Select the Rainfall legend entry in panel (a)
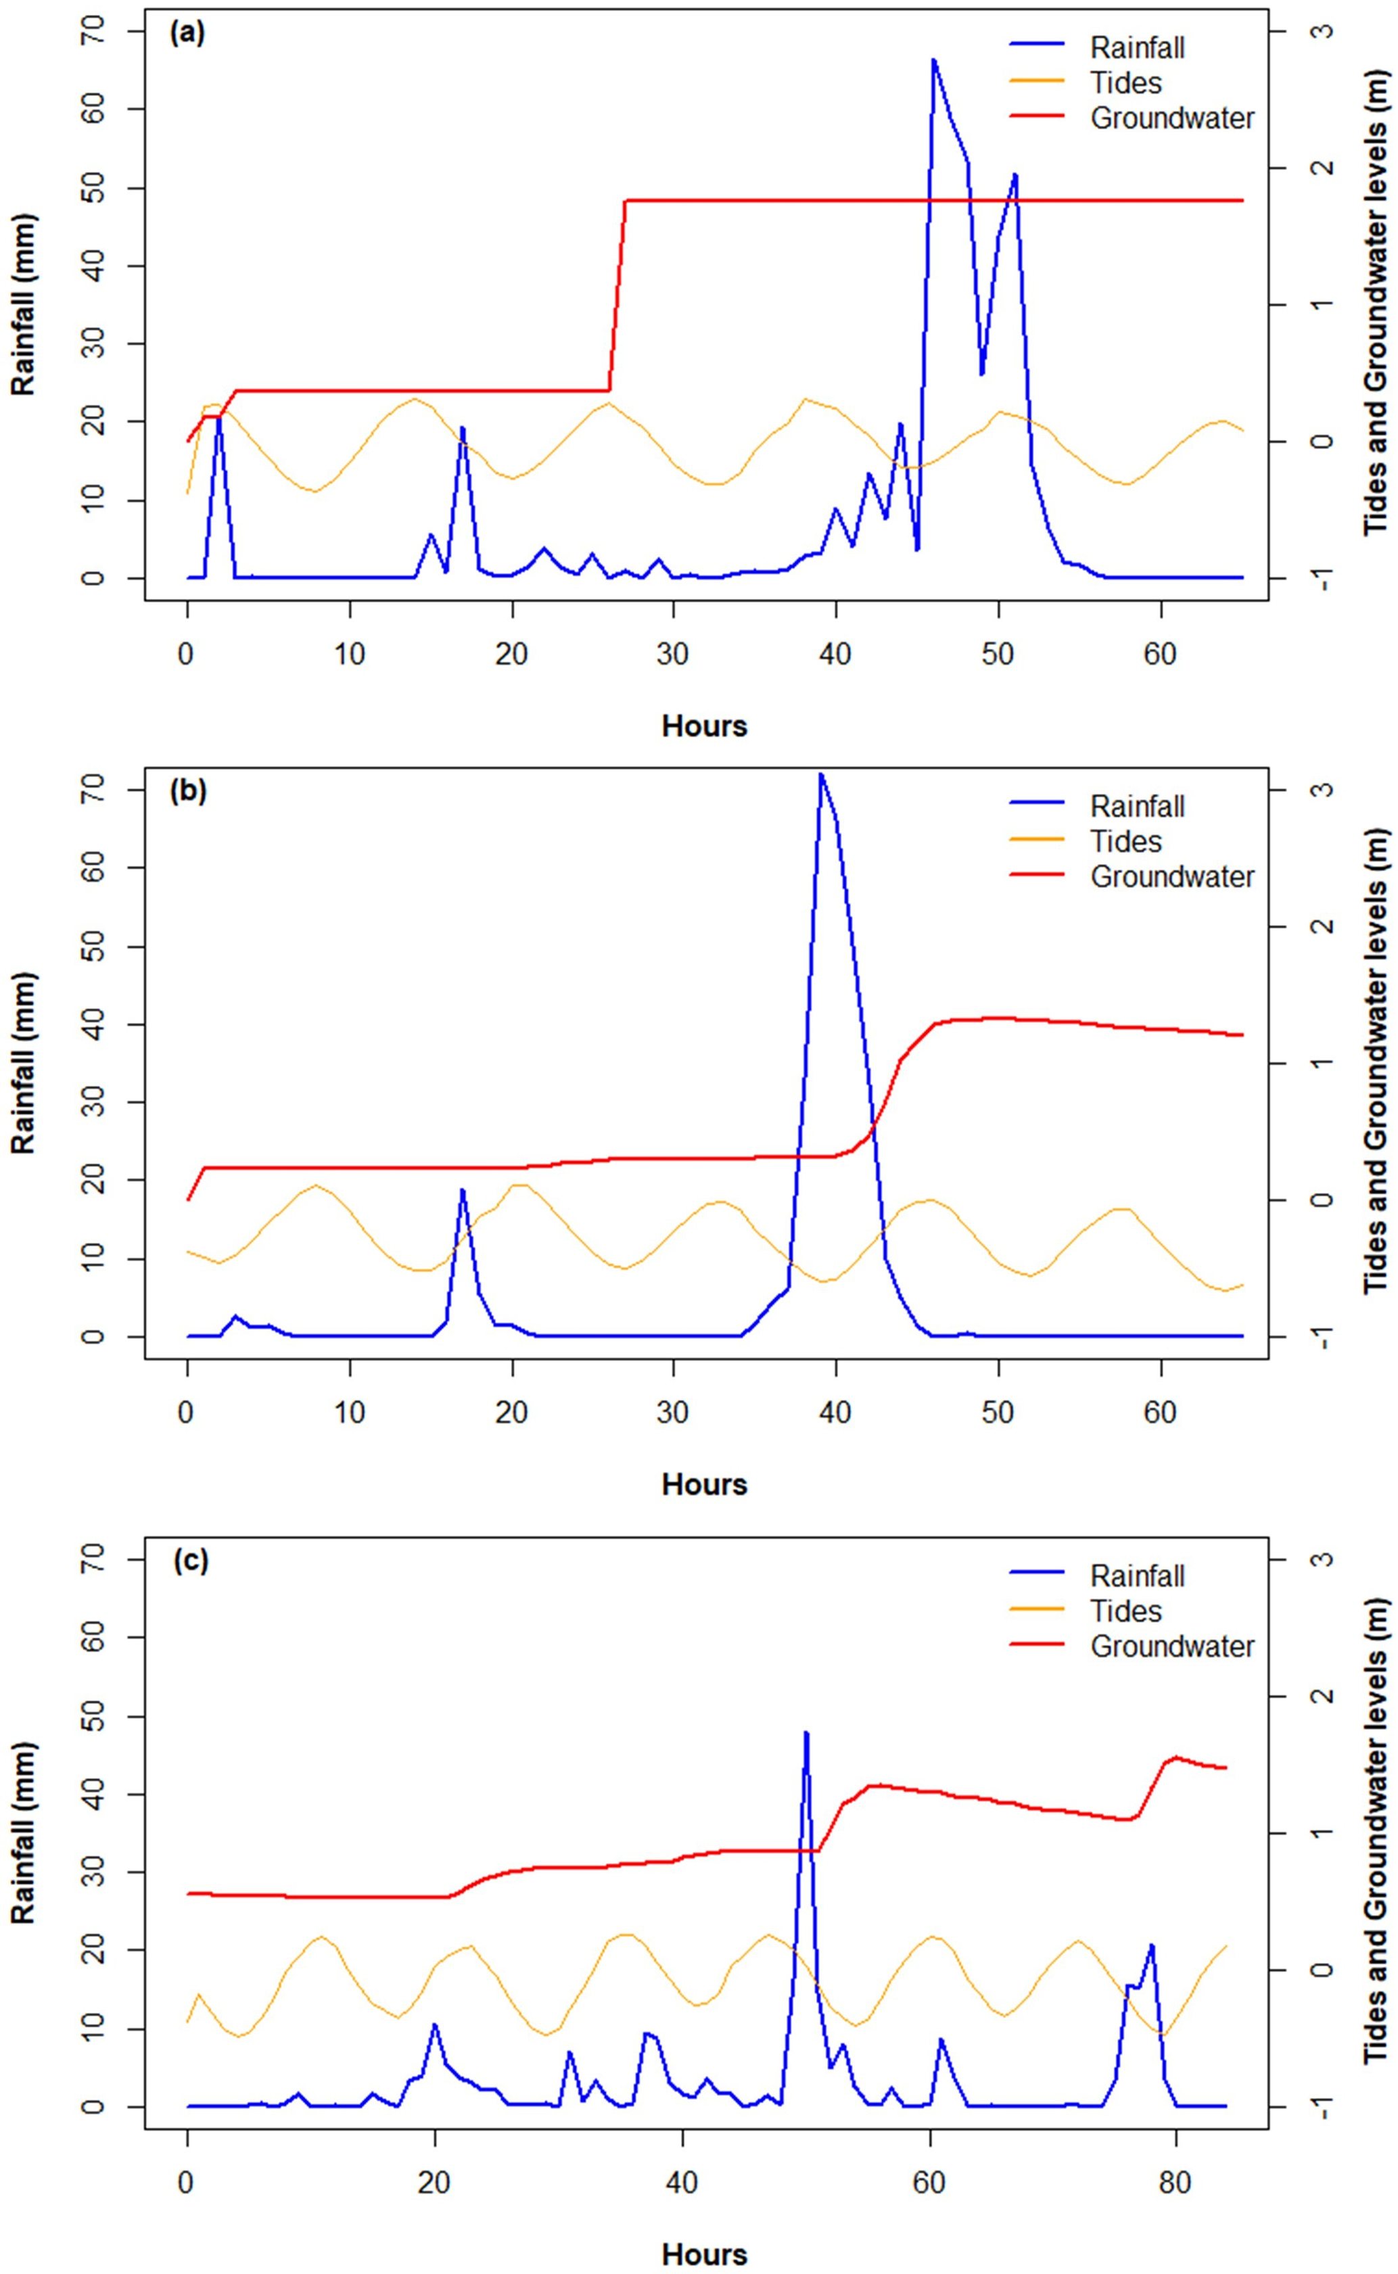point(1136,47)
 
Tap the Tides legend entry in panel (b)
point(1125,841)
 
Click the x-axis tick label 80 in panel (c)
point(1176,2200)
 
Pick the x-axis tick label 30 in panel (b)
point(673,1413)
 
